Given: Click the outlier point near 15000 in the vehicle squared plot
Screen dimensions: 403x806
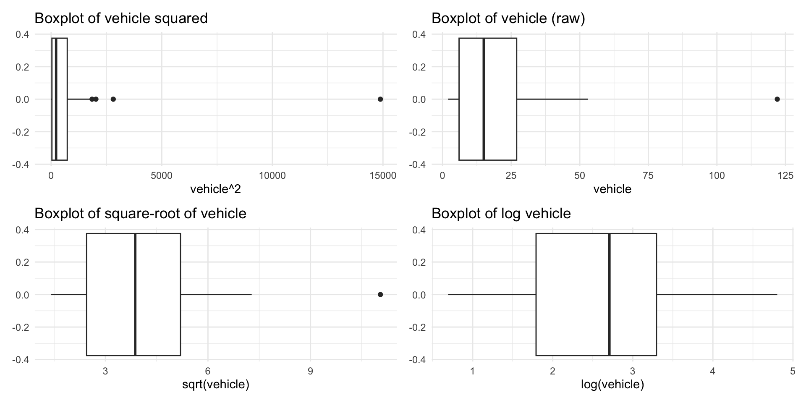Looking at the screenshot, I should [x=380, y=99].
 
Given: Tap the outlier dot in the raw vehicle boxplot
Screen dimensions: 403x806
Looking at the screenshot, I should [x=777, y=99].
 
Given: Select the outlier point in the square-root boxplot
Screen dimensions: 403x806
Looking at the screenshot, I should [x=380, y=295].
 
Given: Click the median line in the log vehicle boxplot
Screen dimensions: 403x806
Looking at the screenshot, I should [x=609, y=295].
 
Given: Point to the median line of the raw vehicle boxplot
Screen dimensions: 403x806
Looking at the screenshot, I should [x=484, y=99].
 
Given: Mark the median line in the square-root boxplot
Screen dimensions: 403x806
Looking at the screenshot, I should [x=135, y=295].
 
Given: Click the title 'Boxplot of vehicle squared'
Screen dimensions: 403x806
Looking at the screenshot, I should [x=121, y=18].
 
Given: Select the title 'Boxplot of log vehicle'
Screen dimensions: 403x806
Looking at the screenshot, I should [x=501, y=214].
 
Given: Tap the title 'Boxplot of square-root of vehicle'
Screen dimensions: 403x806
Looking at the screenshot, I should [x=140, y=214].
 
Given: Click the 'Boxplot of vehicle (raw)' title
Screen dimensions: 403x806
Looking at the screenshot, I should [x=508, y=18].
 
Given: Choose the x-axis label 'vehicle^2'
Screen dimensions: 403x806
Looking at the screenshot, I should [x=215, y=189].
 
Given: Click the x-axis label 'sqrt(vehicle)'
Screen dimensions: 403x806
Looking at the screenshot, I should [x=215, y=385].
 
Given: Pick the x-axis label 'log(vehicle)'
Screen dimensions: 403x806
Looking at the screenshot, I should [x=612, y=385].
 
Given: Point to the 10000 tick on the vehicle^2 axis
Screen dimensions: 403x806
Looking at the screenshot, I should [x=272, y=175].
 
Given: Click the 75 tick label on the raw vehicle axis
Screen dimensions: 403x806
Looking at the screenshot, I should [x=648, y=175].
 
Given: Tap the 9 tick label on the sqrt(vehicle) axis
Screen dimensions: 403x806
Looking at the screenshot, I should [x=310, y=371].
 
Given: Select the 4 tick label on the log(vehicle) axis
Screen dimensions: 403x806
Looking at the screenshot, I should [x=712, y=371].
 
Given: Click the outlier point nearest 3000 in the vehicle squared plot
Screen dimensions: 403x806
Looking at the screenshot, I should [x=113, y=99].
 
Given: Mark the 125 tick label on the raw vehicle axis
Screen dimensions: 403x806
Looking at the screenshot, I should [x=785, y=175].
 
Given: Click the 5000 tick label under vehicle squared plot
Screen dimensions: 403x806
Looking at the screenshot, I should [x=162, y=175].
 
